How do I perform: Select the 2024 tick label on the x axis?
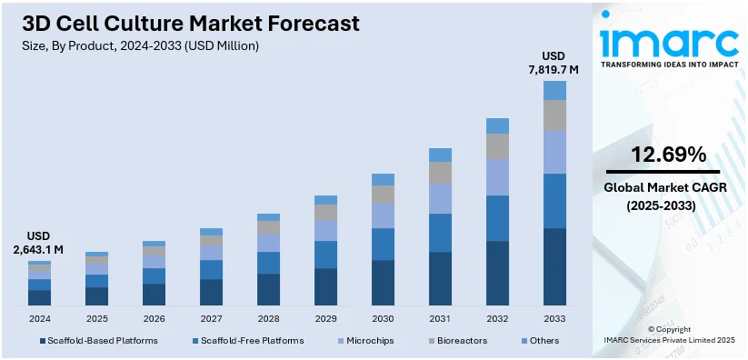(39, 319)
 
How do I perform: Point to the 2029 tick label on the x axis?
(325, 319)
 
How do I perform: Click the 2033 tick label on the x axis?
(554, 319)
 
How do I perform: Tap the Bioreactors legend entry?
(459, 341)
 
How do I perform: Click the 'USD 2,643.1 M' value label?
(38, 242)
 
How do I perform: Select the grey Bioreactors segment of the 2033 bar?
(554, 115)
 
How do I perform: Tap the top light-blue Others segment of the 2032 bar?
(497, 125)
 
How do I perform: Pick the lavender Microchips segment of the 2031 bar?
(440, 198)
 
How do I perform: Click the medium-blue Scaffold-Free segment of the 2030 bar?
(383, 244)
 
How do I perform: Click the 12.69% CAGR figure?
(669, 155)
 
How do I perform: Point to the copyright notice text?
(669, 335)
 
